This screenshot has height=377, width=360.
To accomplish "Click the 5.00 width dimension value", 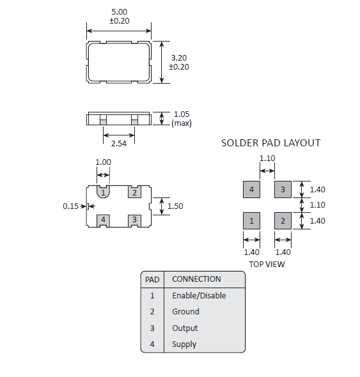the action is [120, 12].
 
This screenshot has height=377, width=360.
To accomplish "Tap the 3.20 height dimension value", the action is [179, 58].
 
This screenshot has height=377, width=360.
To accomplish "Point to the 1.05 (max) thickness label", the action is [182, 118].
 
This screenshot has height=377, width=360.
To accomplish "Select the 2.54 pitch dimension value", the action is [119, 144].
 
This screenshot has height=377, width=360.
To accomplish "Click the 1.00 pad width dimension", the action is [103, 162].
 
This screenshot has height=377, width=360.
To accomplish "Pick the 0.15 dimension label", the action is [70, 206].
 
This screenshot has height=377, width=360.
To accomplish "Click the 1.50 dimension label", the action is [175, 206].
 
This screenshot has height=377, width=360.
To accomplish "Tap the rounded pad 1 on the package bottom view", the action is [103, 192].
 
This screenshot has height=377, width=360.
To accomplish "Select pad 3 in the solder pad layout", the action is [283, 190].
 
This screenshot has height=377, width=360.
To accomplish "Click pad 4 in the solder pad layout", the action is [251, 190].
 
